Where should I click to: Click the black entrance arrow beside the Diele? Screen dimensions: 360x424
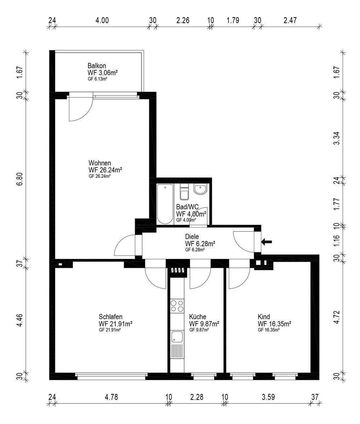click(267, 242)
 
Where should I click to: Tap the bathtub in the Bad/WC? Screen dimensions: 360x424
click(165, 204)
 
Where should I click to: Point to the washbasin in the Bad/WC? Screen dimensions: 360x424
click(201, 189)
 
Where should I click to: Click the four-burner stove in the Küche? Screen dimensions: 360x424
click(177, 306)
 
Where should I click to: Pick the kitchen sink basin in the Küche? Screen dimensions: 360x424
click(177, 337)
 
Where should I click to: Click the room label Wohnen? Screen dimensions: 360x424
click(100, 163)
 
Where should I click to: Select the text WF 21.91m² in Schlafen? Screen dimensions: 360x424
click(115, 324)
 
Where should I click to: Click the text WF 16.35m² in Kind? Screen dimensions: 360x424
click(274, 324)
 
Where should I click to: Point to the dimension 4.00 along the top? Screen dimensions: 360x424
click(102, 20)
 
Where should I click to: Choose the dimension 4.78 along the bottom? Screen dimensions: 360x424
click(111, 397)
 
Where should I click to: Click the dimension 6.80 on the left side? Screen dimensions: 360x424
click(20, 179)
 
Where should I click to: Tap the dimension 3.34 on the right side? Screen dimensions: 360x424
click(336, 138)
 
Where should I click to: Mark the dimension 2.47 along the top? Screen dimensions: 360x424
click(290, 20)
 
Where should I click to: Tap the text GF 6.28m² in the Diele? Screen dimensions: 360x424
click(195, 250)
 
